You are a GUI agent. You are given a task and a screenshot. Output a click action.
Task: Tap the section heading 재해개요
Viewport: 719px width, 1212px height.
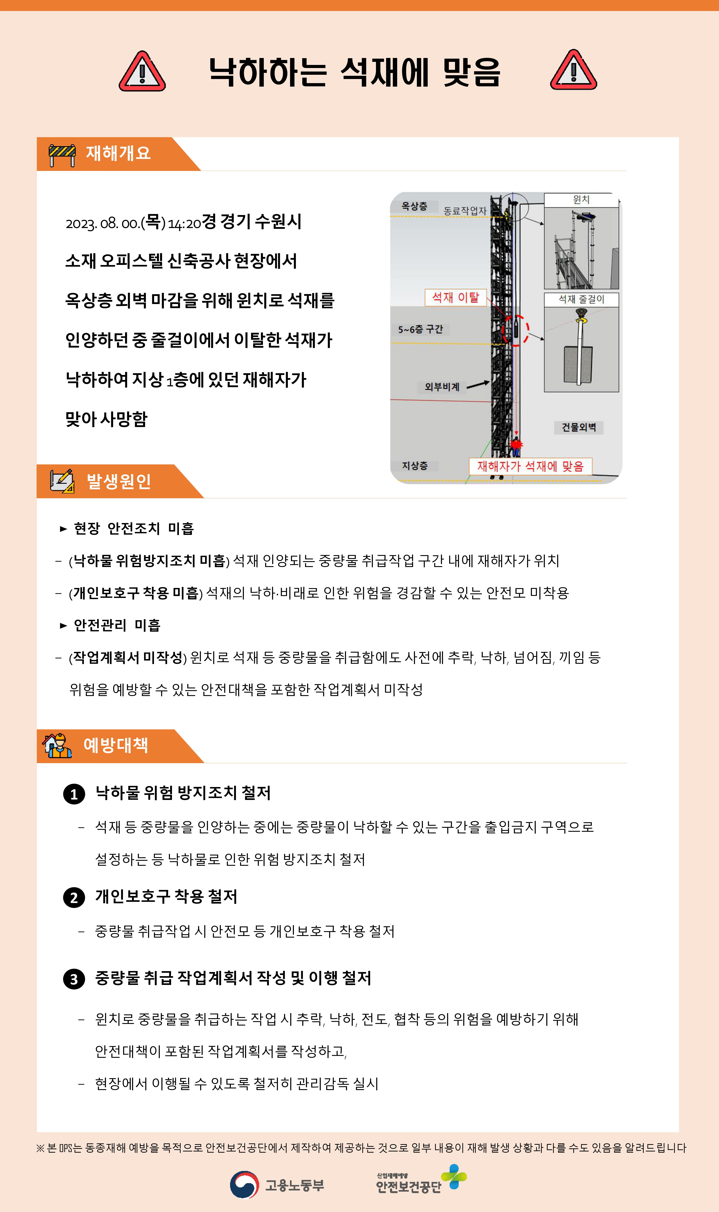(x=118, y=153)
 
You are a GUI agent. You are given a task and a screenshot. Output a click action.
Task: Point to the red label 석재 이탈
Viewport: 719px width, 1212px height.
(x=455, y=297)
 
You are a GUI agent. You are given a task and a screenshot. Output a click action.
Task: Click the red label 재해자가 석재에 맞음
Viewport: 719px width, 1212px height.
(x=531, y=466)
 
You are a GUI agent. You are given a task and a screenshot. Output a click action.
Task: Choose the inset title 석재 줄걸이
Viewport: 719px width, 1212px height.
(x=581, y=299)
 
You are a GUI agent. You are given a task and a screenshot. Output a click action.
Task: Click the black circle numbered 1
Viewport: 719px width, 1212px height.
(x=74, y=794)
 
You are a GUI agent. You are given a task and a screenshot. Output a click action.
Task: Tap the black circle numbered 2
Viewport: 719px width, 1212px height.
(x=74, y=897)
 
